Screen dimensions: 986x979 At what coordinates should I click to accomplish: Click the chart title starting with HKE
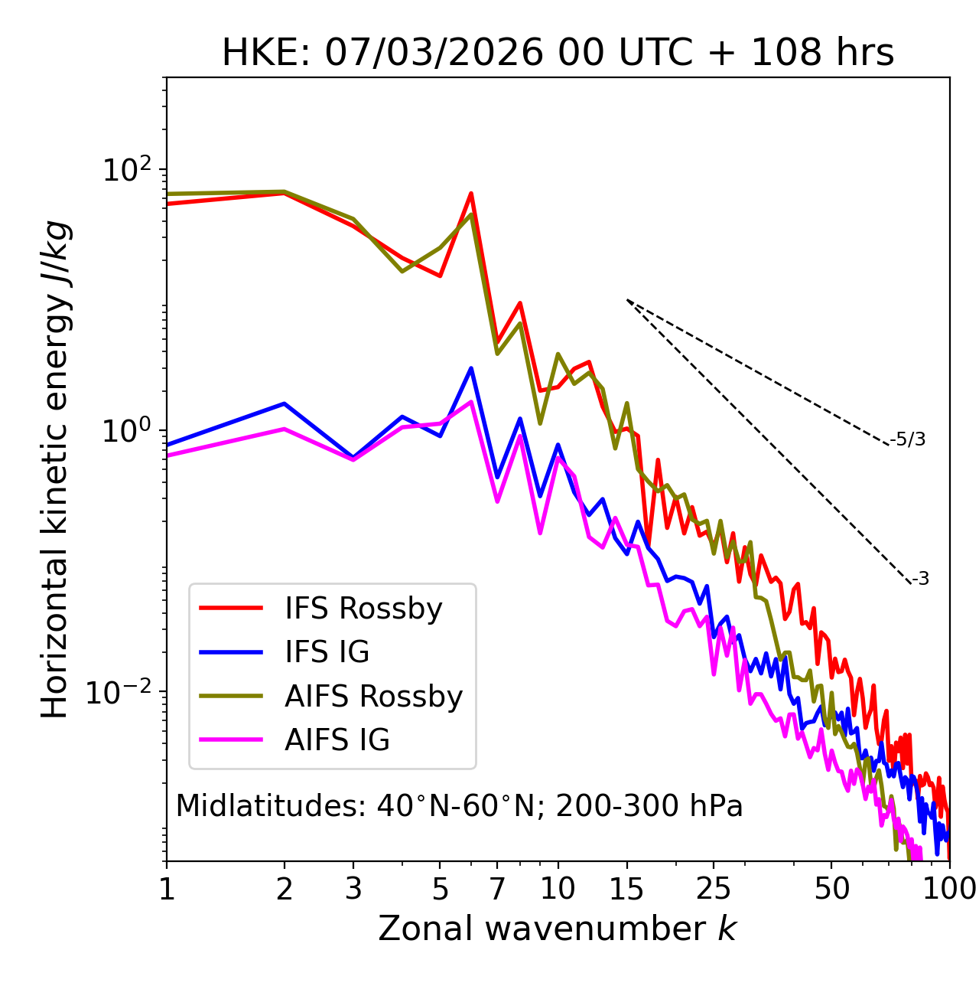[558, 54]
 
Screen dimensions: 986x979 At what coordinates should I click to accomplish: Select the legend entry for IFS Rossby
[363, 609]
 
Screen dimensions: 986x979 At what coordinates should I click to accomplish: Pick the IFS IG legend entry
[327, 652]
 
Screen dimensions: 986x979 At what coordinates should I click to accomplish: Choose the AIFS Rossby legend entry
[373, 697]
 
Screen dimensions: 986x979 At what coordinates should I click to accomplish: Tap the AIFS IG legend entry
[337, 740]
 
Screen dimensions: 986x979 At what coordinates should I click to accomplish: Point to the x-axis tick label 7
[497, 889]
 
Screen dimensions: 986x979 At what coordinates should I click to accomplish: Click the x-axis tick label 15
[627, 889]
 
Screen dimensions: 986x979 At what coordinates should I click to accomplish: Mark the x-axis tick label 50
[831, 889]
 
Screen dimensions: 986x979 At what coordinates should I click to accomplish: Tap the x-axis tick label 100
[949, 889]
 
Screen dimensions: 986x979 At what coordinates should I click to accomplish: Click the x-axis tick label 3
[353, 889]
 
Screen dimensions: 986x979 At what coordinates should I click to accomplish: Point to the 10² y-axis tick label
[126, 170]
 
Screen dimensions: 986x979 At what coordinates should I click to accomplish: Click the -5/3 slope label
[908, 439]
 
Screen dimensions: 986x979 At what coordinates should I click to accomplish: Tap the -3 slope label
[920, 579]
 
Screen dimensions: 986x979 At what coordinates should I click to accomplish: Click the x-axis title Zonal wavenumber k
[558, 929]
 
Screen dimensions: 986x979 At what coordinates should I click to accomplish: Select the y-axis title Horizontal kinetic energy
[55, 469]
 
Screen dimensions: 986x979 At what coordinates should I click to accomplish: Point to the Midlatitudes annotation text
[459, 806]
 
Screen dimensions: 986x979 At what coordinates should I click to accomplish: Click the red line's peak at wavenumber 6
[471, 193]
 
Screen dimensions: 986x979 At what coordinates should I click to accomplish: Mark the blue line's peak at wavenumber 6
[471, 368]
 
